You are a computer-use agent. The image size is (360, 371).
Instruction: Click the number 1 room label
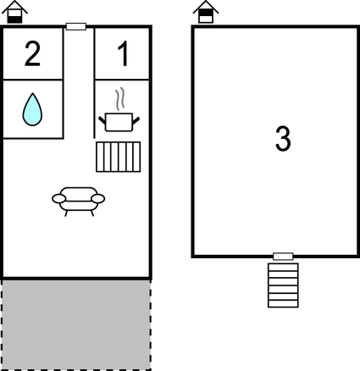pyautogui.click(x=123, y=54)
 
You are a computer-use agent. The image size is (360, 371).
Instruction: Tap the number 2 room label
pyautogui.click(x=32, y=54)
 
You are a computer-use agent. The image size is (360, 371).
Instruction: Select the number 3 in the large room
pyautogui.click(x=284, y=139)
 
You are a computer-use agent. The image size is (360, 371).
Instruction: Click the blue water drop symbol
pyautogui.click(x=32, y=108)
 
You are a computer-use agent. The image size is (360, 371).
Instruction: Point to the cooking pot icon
pyautogui.click(x=119, y=122)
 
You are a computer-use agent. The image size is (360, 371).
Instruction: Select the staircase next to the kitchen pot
pyautogui.click(x=117, y=157)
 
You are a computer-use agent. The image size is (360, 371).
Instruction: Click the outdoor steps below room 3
pyautogui.click(x=282, y=285)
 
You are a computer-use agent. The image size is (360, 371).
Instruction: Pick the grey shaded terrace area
pyautogui.click(x=76, y=324)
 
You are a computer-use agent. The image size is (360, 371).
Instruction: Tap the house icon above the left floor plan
pyautogui.click(x=18, y=13)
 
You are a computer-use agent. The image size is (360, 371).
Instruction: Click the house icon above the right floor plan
pyautogui.click(x=204, y=13)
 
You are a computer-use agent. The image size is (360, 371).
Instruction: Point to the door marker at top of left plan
pyautogui.click(x=76, y=27)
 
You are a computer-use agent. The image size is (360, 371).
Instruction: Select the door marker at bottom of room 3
pyautogui.click(x=283, y=256)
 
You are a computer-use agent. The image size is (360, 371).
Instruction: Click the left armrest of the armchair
pyautogui.click(x=57, y=198)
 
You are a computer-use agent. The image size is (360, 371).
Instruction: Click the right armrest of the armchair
pyautogui.click(x=100, y=198)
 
